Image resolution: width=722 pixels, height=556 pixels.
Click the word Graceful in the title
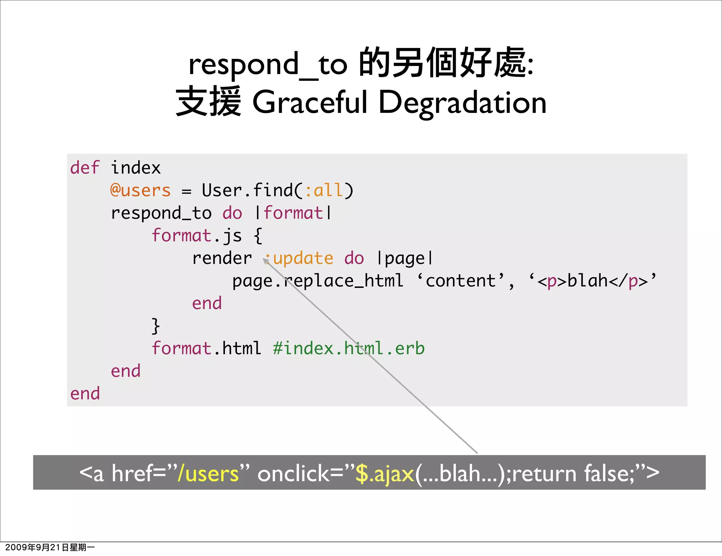310,102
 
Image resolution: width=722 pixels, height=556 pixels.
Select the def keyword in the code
85,168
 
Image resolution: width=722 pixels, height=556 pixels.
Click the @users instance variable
140,191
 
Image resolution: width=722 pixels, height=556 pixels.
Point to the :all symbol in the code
324,191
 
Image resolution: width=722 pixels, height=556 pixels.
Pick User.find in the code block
247,191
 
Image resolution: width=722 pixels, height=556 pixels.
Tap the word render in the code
222,258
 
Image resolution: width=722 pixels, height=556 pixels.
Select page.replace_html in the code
317,281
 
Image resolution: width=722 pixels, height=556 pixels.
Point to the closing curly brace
155,326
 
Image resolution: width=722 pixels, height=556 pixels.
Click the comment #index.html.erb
349,349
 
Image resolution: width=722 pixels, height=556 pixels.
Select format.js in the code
197,236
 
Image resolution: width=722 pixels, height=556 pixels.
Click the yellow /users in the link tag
208,473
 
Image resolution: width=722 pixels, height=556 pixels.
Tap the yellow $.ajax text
385,473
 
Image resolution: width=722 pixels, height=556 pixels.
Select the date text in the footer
50,547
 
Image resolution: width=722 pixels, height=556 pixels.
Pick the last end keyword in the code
85,394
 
